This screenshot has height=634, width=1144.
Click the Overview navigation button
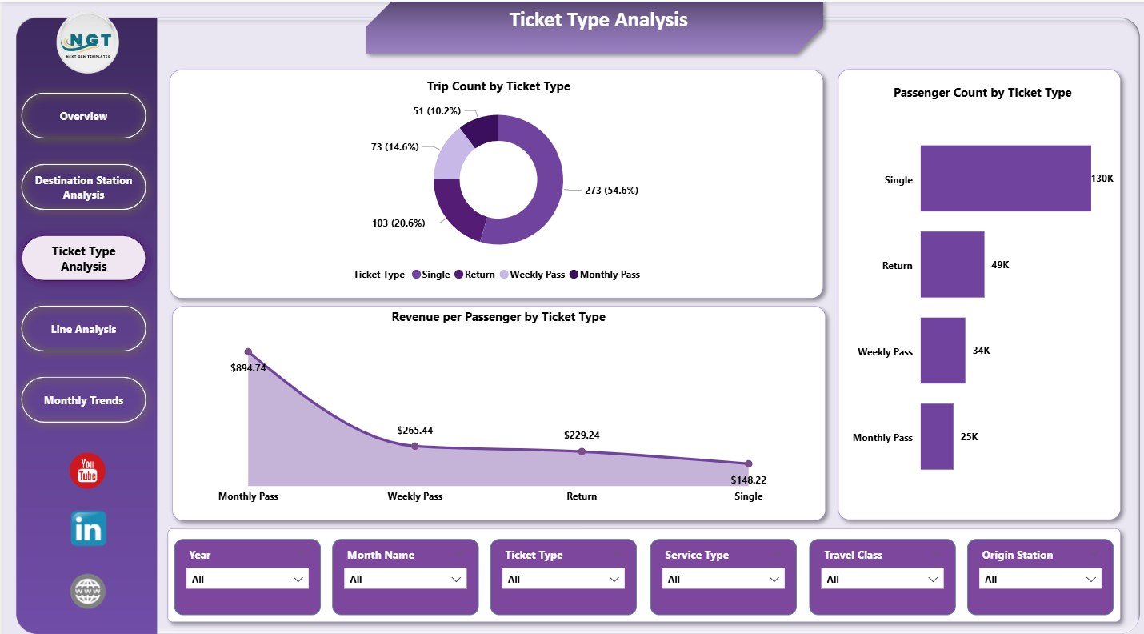click(83, 116)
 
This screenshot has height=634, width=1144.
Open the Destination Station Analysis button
click(83, 187)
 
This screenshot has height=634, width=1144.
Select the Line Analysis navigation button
click(83, 329)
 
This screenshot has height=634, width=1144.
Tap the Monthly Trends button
click(83, 400)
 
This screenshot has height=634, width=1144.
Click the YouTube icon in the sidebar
click(87, 471)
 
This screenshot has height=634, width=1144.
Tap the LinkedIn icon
click(87, 528)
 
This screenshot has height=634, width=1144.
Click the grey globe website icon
click(87, 591)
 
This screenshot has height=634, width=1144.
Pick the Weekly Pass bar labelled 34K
click(942, 351)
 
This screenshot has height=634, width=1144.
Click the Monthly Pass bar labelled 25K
click(937, 436)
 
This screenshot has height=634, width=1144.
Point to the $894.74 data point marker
click(248, 352)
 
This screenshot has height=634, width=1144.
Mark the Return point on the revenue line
click(582, 451)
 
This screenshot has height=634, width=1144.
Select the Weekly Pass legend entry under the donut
click(532, 275)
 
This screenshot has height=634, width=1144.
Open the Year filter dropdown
click(247, 579)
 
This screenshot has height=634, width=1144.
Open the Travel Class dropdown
click(883, 579)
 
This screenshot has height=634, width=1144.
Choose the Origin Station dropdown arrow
click(1091, 579)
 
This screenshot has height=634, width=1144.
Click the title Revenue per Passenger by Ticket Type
click(498, 317)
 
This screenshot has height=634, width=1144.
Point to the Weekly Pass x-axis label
click(414, 496)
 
